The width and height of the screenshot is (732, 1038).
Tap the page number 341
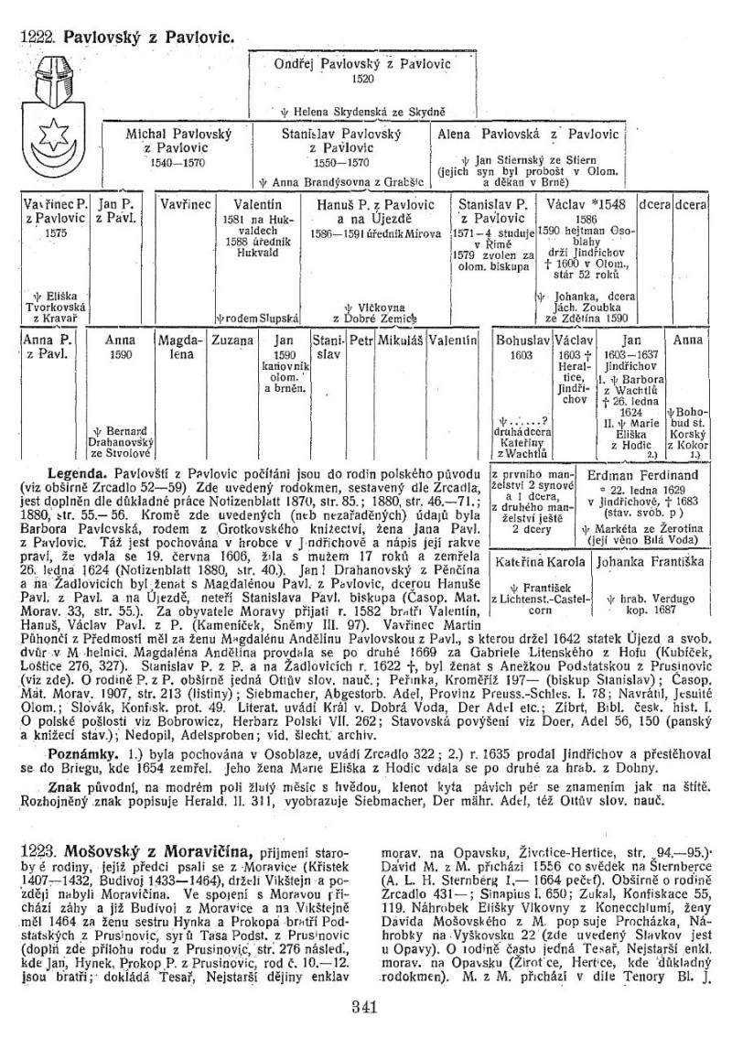(x=365, y=1010)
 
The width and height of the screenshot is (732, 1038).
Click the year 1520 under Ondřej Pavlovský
(x=362, y=80)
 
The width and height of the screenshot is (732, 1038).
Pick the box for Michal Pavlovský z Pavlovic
(x=177, y=146)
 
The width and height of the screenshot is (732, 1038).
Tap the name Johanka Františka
(x=640, y=563)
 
